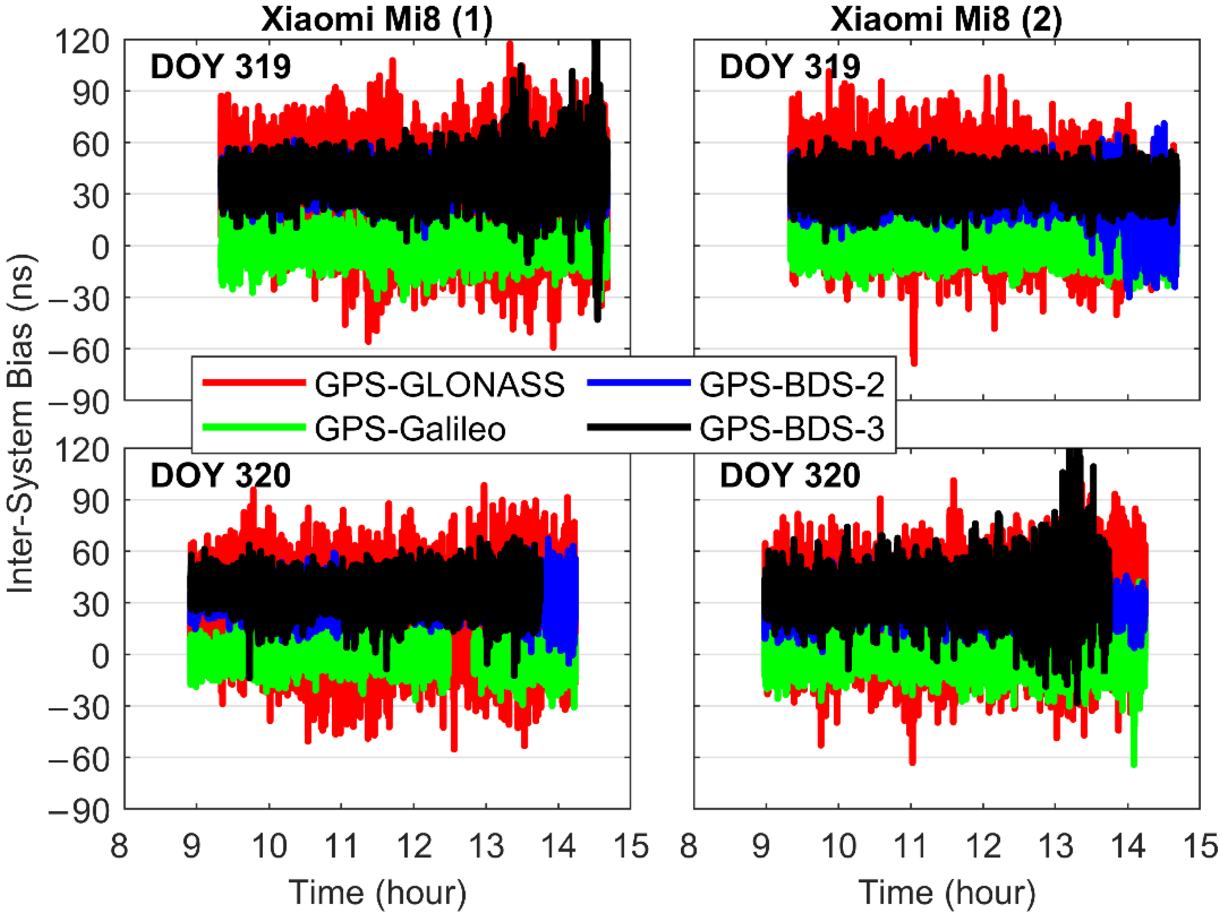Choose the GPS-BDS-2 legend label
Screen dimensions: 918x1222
(x=792, y=384)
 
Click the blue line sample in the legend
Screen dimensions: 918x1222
(x=639, y=383)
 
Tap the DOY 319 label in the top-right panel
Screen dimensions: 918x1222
(x=790, y=67)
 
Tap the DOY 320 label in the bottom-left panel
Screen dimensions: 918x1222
(x=221, y=475)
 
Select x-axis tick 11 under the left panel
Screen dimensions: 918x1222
(x=341, y=846)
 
